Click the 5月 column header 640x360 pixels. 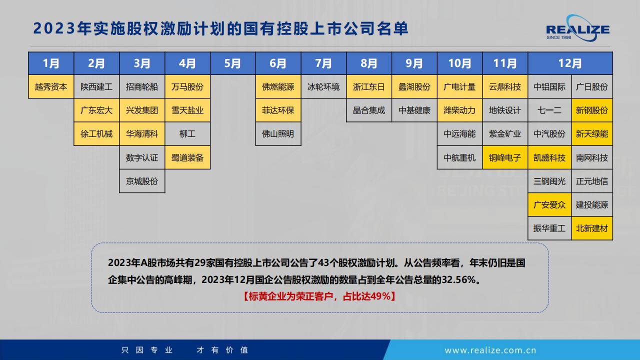(232, 63)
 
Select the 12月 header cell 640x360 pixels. (570, 63)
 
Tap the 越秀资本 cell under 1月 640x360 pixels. (51, 86)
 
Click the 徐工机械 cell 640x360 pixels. (96, 133)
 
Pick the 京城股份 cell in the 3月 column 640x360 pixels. (142, 181)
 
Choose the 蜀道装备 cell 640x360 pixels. (187, 157)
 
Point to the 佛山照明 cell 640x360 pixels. (278, 133)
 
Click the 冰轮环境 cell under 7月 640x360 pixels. (323, 86)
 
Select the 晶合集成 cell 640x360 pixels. (369, 110)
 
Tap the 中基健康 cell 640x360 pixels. (414, 110)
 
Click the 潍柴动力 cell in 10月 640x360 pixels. (459, 110)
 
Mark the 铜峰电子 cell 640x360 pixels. (505, 157)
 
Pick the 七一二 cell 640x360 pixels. (549, 110)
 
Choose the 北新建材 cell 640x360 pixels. (592, 228)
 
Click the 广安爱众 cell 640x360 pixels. (549, 204)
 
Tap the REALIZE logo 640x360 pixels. (577, 28)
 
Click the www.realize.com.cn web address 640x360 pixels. (490, 350)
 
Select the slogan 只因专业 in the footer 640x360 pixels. (147, 350)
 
